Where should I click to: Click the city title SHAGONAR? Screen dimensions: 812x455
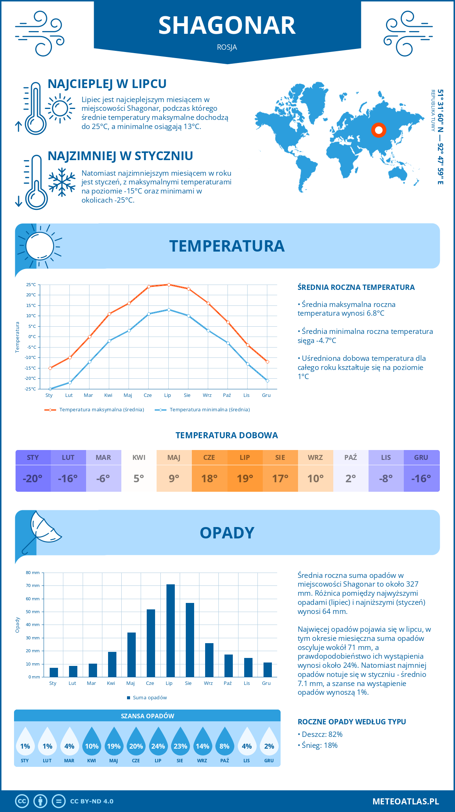(x=227, y=26)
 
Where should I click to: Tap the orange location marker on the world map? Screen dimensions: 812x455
(x=378, y=130)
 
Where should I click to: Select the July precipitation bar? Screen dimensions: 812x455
(x=171, y=631)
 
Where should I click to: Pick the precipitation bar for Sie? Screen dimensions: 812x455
(x=190, y=640)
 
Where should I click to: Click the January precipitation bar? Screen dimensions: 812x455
(x=54, y=672)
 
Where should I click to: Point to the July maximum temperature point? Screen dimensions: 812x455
(x=169, y=285)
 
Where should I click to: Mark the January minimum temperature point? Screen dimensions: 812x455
(x=50, y=389)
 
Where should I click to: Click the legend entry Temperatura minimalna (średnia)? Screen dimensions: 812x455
(x=209, y=410)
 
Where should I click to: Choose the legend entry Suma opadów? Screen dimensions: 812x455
(x=149, y=698)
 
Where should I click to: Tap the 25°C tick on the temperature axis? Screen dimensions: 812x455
(x=31, y=285)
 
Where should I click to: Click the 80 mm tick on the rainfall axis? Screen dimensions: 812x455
(x=33, y=573)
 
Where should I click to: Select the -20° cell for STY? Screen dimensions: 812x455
(x=33, y=478)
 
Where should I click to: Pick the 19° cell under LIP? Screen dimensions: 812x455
(x=245, y=478)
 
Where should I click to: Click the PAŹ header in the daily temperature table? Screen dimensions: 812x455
(x=350, y=458)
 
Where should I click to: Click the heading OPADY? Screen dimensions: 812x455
(x=227, y=533)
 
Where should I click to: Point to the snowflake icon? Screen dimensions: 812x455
(x=62, y=182)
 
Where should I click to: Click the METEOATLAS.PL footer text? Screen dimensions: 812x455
(x=405, y=801)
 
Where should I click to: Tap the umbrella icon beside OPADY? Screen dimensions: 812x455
(x=41, y=530)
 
